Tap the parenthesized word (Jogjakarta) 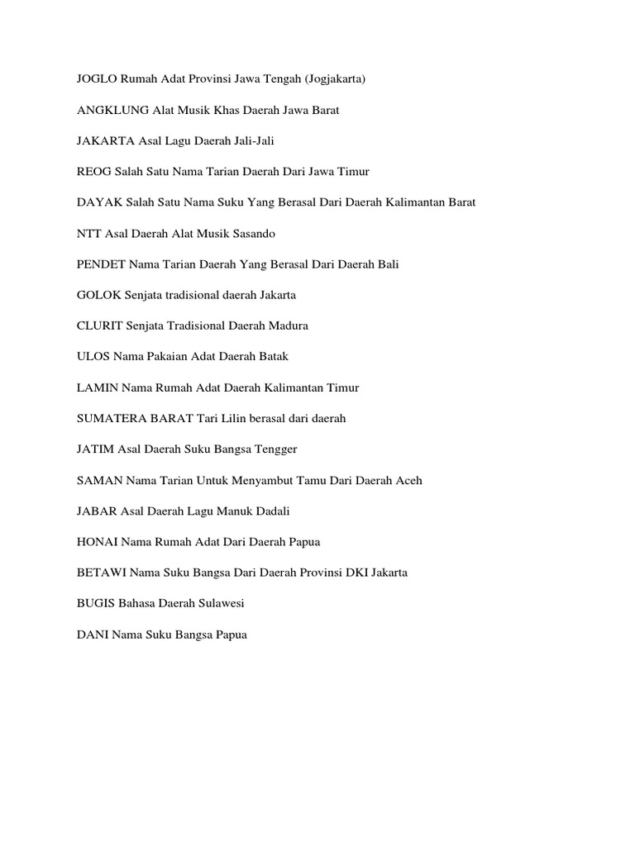tap(335, 79)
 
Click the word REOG tap(91, 172)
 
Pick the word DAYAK tap(94, 202)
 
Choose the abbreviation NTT tap(87, 234)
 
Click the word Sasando tap(252, 234)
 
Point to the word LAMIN tap(93, 387)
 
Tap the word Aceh tap(408, 480)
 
